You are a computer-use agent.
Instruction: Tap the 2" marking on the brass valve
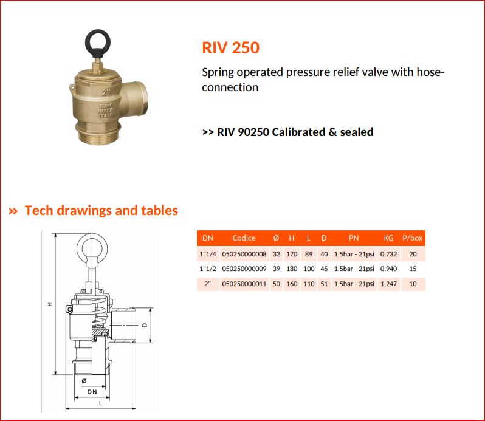(106, 92)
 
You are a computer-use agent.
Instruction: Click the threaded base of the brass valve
(98, 134)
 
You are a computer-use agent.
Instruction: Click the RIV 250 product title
(230, 47)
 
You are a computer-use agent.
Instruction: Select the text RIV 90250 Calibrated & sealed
(295, 132)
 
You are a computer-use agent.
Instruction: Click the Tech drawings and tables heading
(101, 210)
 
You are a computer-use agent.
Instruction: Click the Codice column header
(244, 238)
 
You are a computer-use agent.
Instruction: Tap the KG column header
(388, 238)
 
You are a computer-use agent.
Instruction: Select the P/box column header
(412, 238)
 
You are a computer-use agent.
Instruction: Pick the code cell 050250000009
(244, 269)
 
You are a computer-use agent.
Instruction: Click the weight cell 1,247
(388, 284)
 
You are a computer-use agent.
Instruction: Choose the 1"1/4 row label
(207, 254)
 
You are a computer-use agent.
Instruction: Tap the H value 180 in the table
(292, 269)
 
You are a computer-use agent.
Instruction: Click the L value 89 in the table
(309, 254)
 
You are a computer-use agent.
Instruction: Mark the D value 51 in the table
(324, 284)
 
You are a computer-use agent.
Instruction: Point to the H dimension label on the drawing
(50, 304)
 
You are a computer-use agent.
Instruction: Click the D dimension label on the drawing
(145, 325)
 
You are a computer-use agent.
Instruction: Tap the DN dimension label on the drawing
(92, 392)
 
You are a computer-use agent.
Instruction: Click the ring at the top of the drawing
(77, 247)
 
